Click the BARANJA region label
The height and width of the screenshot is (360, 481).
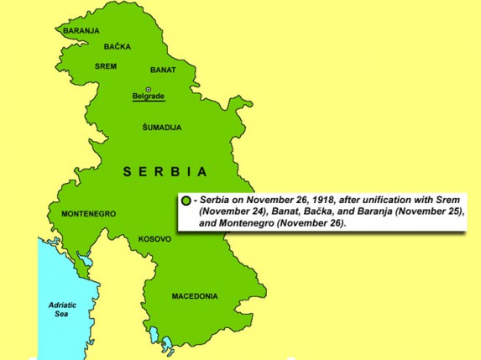point(81,31)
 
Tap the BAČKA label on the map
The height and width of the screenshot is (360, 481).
point(117,47)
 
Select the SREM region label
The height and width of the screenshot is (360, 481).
point(106,66)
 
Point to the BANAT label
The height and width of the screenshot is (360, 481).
point(163,70)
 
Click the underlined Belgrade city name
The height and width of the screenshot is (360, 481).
point(149,97)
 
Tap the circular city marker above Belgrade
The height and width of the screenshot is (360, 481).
point(149,89)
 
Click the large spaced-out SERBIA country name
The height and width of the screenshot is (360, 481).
point(165,172)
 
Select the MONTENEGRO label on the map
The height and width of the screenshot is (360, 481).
point(88,214)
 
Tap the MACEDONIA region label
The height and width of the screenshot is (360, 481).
point(195,296)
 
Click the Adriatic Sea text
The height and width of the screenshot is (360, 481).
point(62,310)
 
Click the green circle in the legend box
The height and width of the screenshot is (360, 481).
point(186,201)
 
